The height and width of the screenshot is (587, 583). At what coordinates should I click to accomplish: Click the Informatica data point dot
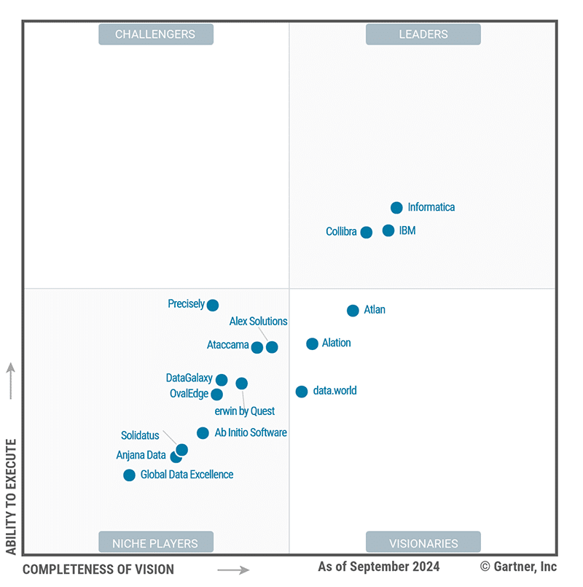[x=396, y=208]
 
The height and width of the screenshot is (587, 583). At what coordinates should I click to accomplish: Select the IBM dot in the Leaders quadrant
[x=388, y=230]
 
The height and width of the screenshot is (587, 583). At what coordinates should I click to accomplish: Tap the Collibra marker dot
[x=367, y=232]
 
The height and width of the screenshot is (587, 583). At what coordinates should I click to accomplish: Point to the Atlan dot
[x=353, y=311]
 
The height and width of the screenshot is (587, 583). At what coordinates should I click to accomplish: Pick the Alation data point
[x=313, y=343]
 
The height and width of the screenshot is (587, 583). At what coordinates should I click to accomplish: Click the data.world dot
[x=302, y=392]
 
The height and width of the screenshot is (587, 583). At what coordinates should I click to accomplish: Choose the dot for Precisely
[x=213, y=305]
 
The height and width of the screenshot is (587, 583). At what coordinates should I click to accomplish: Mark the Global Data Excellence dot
[x=130, y=475]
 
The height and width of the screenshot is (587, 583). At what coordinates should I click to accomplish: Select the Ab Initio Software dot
[x=203, y=433]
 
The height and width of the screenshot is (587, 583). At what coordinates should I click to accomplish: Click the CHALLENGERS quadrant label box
[x=156, y=34]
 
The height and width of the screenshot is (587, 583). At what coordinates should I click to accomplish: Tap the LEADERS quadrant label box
[x=423, y=34]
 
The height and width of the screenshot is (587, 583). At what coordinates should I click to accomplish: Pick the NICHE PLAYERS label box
[x=156, y=543]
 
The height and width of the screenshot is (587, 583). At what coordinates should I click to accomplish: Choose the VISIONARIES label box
[x=423, y=543]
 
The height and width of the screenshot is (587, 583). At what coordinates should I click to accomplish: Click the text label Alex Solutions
[x=259, y=322]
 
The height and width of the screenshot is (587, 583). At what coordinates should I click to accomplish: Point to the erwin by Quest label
[x=245, y=411]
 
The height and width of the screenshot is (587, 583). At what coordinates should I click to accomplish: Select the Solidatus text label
[x=140, y=436]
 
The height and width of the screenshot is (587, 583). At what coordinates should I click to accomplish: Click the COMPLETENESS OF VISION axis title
[x=98, y=569]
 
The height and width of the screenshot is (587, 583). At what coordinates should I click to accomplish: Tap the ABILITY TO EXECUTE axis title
[x=11, y=497]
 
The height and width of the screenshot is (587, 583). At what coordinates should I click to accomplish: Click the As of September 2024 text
[x=379, y=567]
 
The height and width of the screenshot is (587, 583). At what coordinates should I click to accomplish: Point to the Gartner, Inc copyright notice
[x=519, y=567]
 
